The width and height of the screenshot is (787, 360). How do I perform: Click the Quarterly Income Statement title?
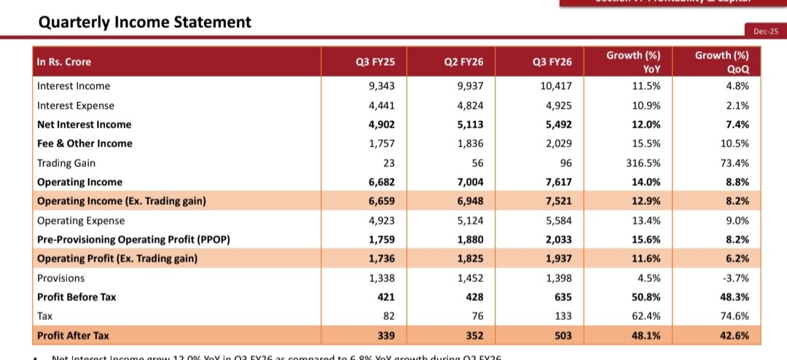tap(144, 22)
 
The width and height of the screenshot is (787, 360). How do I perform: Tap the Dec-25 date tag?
tap(763, 31)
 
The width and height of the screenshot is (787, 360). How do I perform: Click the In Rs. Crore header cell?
tap(64, 62)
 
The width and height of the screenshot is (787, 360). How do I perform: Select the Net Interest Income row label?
tap(85, 125)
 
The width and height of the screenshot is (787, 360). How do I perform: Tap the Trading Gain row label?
tap(66, 163)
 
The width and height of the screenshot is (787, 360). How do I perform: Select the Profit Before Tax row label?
tap(77, 297)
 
